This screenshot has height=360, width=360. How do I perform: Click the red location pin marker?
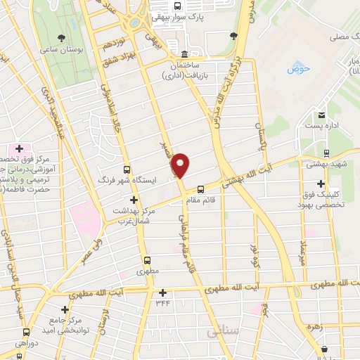[x=180, y=165]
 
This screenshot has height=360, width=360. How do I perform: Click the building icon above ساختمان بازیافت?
[x=184, y=55]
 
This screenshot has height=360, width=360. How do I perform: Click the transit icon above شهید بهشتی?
[x=326, y=153]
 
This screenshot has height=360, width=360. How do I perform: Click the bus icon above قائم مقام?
[x=200, y=188]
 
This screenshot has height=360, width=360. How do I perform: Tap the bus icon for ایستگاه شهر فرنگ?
[x=127, y=169]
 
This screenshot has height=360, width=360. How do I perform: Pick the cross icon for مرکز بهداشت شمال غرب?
[x=133, y=200]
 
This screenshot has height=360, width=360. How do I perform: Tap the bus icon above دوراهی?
[x=27, y=332]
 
